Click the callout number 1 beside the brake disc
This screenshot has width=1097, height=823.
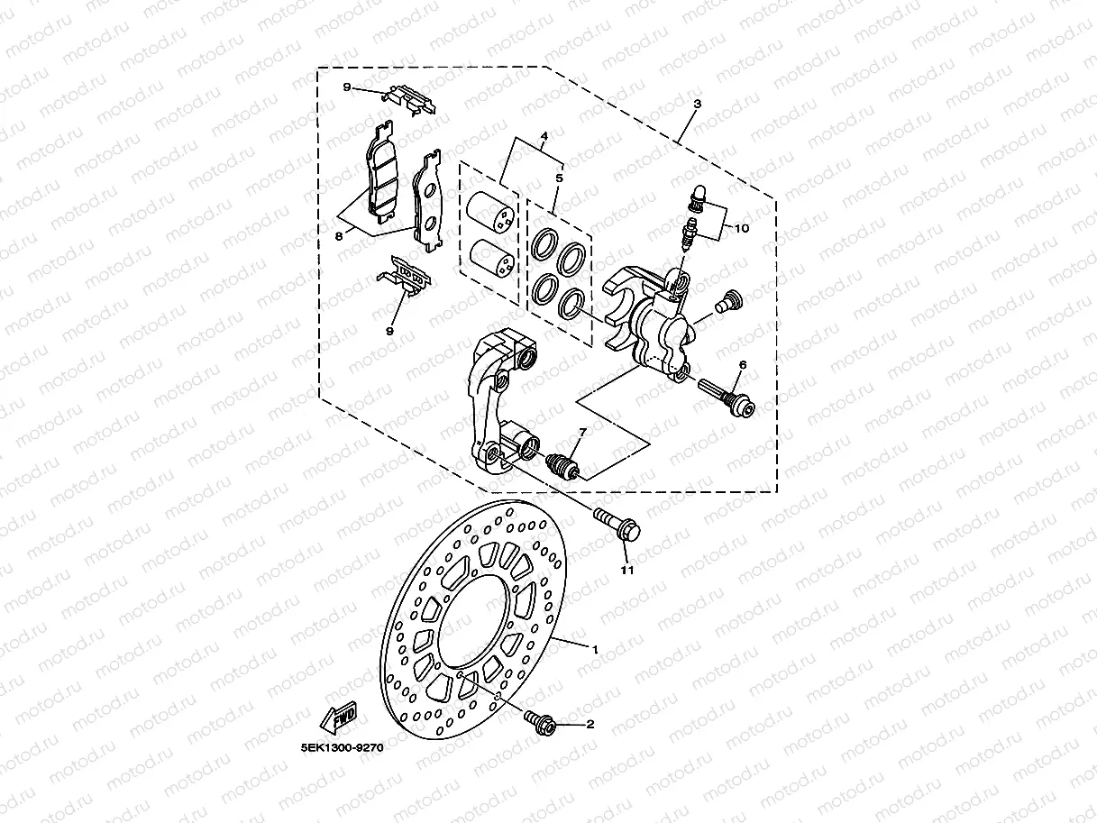[595, 648]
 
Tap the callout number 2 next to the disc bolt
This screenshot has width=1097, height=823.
[590, 724]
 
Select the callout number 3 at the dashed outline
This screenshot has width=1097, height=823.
[698, 104]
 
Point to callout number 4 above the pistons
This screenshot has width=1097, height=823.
[544, 137]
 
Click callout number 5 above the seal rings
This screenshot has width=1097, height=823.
[559, 178]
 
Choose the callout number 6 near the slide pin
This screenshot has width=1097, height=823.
[743, 365]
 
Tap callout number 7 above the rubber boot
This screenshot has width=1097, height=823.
[582, 434]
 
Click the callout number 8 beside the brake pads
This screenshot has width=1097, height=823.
[339, 236]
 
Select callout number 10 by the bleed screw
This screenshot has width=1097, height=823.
[741, 229]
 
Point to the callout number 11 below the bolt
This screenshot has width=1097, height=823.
[627, 570]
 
